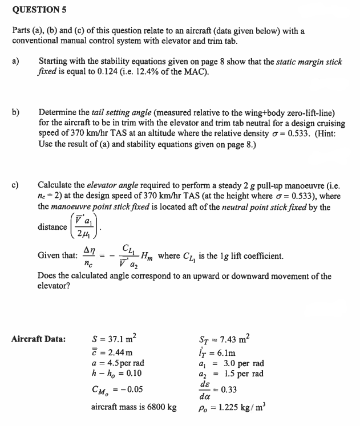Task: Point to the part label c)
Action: click(x=15, y=184)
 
